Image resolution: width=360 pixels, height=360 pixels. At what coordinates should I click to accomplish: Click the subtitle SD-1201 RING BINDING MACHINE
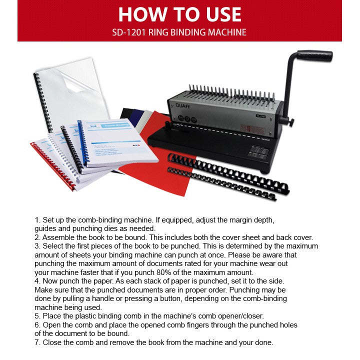click(x=180, y=33)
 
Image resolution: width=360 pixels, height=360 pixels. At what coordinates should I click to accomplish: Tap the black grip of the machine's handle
click(x=315, y=55)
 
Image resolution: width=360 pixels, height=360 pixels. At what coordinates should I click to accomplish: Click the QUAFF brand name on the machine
click(x=183, y=106)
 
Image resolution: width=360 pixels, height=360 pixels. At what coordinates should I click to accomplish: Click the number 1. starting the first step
click(x=38, y=220)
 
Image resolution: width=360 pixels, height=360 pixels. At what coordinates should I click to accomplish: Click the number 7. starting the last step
click(x=38, y=342)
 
